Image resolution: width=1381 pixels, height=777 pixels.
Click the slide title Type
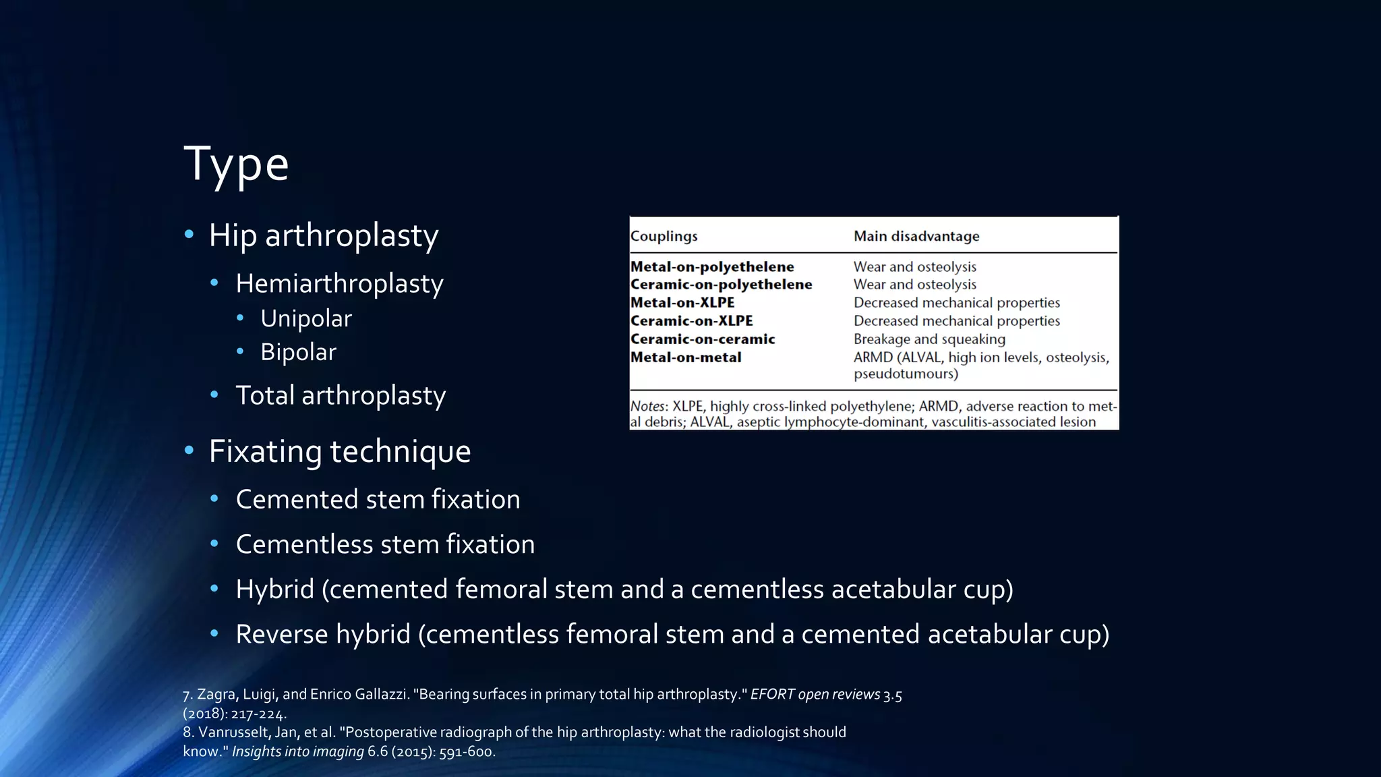click(x=236, y=164)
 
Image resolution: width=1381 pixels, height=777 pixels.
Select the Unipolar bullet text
click(x=305, y=318)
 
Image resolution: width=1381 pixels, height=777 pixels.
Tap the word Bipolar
click(x=298, y=352)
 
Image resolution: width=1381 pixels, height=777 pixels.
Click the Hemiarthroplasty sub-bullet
click(x=339, y=283)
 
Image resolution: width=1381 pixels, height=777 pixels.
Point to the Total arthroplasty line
click(x=341, y=395)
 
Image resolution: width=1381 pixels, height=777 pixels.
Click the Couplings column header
click(x=664, y=236)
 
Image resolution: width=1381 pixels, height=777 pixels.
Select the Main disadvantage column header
click(x=916, y=236)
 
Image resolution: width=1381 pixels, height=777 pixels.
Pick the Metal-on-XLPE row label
click(x=682, y=303)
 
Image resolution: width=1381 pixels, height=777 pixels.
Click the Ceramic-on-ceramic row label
click(x=702, y=339)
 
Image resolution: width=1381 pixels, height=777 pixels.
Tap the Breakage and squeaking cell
click(x=929, y=339)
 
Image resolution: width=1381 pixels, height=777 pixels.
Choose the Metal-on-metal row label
click(x=685, y=357)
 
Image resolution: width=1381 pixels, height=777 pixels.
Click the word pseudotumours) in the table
click(x=905, y=374)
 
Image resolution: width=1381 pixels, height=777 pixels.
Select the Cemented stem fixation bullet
click(x=378, y=500)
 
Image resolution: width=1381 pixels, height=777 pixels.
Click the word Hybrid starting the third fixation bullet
click(x=274, y=589)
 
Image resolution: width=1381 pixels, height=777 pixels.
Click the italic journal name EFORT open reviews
click(x=815, y=694)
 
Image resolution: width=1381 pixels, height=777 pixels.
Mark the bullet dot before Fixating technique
click(x=189, y=451)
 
